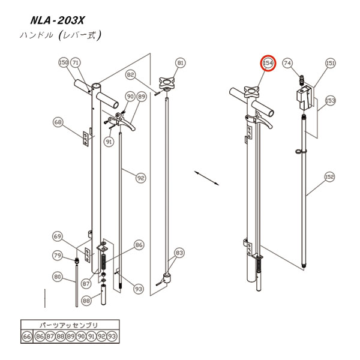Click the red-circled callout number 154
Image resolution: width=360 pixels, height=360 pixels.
pos(268,63)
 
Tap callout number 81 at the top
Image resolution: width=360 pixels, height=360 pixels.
pos(181,63)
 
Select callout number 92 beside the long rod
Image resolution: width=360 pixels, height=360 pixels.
pos(140,178)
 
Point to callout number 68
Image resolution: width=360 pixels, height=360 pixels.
pos(58,122)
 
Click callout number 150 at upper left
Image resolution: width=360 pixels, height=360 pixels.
pos(64,62)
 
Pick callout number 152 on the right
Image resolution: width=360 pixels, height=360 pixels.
pos(329,177)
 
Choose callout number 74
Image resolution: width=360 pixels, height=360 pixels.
pos(287,63)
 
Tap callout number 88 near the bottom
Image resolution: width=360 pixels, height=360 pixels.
pos(86,301)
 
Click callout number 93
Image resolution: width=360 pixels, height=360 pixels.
pos(139,289)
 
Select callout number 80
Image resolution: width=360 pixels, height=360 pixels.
pos(58,277)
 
